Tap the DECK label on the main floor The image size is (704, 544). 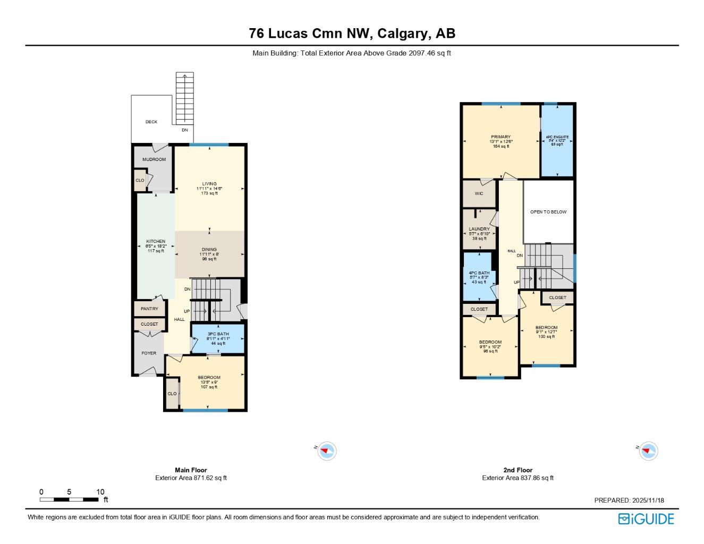[x=151, y=122]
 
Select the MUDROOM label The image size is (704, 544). [x=154, y=159]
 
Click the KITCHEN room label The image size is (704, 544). [x=156, y=242]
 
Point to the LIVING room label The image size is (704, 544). [x=209, y=184]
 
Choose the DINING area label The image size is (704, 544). [x=209, y=250]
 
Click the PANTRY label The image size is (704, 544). [x=149, y=309]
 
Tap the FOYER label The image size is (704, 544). [x=149, y=353]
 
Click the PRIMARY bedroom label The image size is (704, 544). [x=501, y=137]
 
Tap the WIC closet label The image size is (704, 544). [x=479, y=193]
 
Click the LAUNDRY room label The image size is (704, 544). [x=479, y=229]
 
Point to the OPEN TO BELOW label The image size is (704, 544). [x=548, y=212]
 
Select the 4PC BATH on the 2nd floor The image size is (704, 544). [x=479, y=273]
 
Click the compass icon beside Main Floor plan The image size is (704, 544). [x=327, y=451]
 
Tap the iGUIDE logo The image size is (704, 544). [x=646, y=519]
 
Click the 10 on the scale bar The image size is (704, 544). [x=100, y=492]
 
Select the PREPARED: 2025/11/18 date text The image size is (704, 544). [x=629, y=500]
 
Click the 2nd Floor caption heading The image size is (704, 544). [x=518, y=470]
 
